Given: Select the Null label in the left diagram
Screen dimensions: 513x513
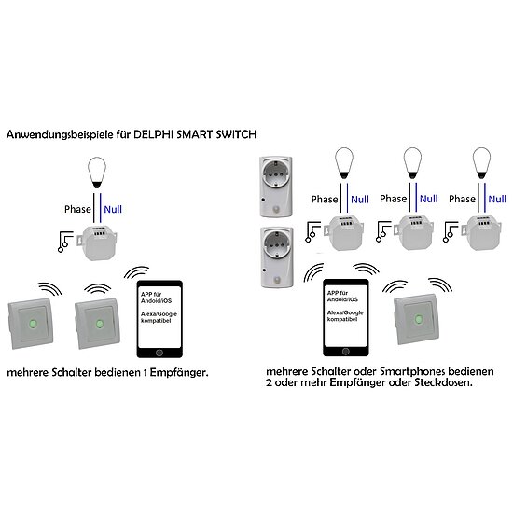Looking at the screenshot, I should point(114,210).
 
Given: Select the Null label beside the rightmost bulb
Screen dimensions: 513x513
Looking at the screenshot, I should point(496,199).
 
